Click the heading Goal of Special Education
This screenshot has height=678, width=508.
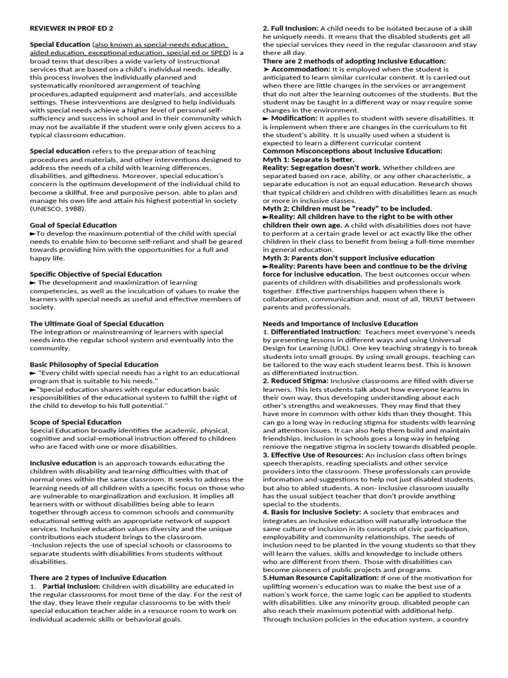pyautogui.click(x=73, y=225)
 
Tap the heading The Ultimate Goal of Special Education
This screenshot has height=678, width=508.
pyautogui.click(x=97, y=323)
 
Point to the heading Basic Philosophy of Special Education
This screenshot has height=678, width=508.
pyautogui.click(x=94, y=364)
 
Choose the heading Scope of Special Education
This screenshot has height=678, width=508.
pyautogui.click(x=75, y=422)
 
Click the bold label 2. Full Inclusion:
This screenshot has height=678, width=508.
pyautogui.click(x=290, y=28)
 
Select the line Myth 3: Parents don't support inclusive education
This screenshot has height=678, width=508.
pyautogui.click(x=349, y=258)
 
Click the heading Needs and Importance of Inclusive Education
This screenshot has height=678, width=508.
pyautogui.click(x=340, y=323)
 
